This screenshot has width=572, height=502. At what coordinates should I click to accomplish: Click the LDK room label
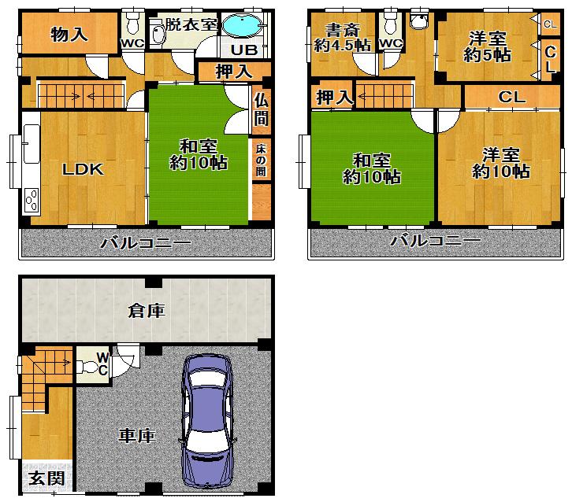[x=84, y=168]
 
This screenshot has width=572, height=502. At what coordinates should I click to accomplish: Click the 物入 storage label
[x=69, y=34]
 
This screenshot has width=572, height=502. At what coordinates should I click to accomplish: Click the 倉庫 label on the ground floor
[x=147, y=311]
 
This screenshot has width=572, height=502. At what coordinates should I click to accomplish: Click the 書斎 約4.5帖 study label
[x=340, y=37]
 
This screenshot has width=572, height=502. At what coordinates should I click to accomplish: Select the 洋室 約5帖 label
[x=485, y=46]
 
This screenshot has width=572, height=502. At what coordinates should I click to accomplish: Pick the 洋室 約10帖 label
[x=500, y=164]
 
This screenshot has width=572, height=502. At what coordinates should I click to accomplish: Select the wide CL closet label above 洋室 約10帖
[x=511, y=98]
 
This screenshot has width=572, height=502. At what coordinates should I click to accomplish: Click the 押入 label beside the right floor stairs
[x=333, y=98]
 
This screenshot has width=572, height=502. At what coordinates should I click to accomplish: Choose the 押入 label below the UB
[x=233, y=72]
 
